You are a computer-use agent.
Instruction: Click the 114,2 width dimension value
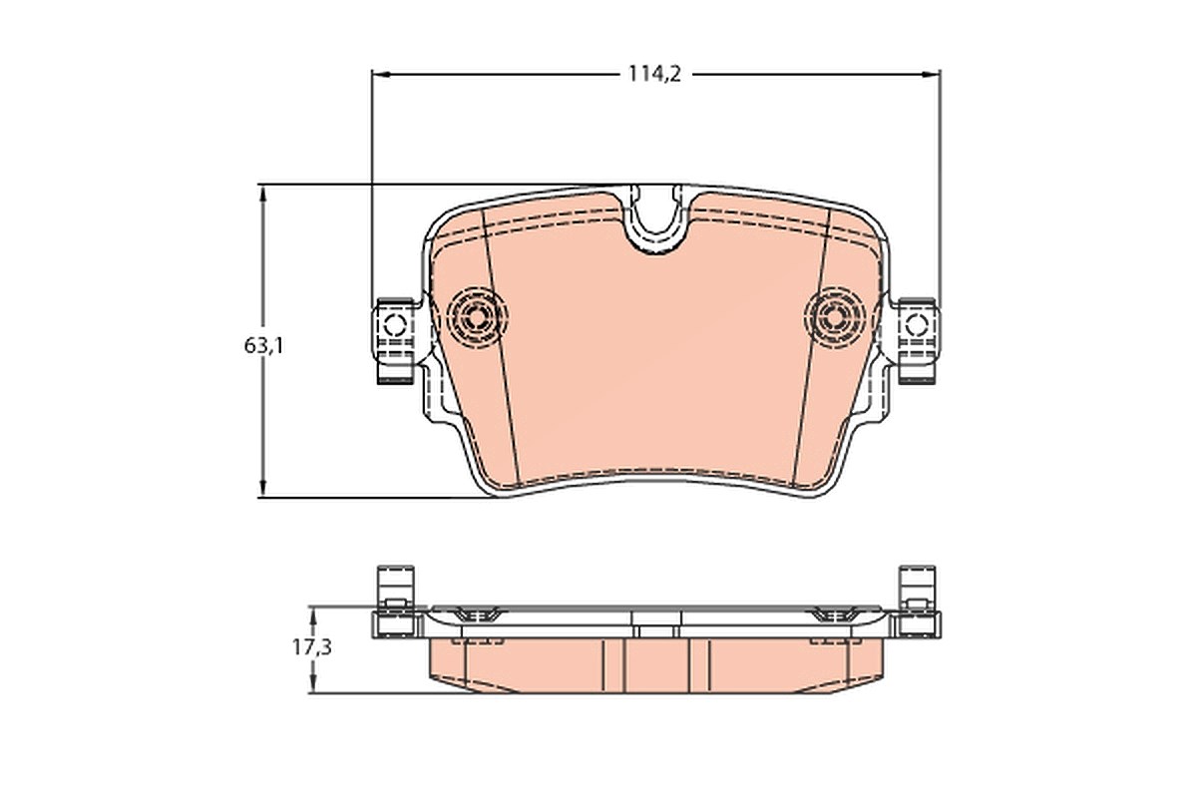coord(654,74)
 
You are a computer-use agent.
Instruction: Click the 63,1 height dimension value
coord(264,346)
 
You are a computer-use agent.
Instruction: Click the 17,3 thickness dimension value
coord(312,647)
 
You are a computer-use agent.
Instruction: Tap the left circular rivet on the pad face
coord(477,318)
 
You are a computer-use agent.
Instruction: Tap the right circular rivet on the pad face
coord(835,318)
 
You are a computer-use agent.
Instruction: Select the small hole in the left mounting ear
coord(395,324)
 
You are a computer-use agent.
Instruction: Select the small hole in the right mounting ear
coord(917,324)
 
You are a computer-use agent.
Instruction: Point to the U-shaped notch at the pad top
coord(656,224)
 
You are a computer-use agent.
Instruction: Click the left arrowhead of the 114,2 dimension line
coord(380,74)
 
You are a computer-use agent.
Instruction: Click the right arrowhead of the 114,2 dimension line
coord(932,74)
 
